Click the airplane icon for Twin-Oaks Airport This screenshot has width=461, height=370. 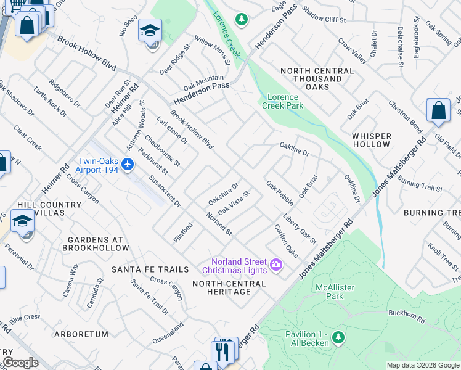coord(127,164)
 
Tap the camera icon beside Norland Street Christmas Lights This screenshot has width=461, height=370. coord(276,265)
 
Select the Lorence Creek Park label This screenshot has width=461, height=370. coord(284,102)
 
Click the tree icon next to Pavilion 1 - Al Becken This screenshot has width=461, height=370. coord(338,337)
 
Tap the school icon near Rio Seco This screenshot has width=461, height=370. coord(150,30)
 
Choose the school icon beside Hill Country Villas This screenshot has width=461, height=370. coord(23,220)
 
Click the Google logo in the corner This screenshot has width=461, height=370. coord(20,363)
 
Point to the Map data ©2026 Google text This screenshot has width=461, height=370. coord(423,365)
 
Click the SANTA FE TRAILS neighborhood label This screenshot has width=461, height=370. coord(150,269)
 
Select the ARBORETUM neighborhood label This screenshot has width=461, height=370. coord(80,334)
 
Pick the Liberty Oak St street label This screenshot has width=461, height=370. coord(300,228)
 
